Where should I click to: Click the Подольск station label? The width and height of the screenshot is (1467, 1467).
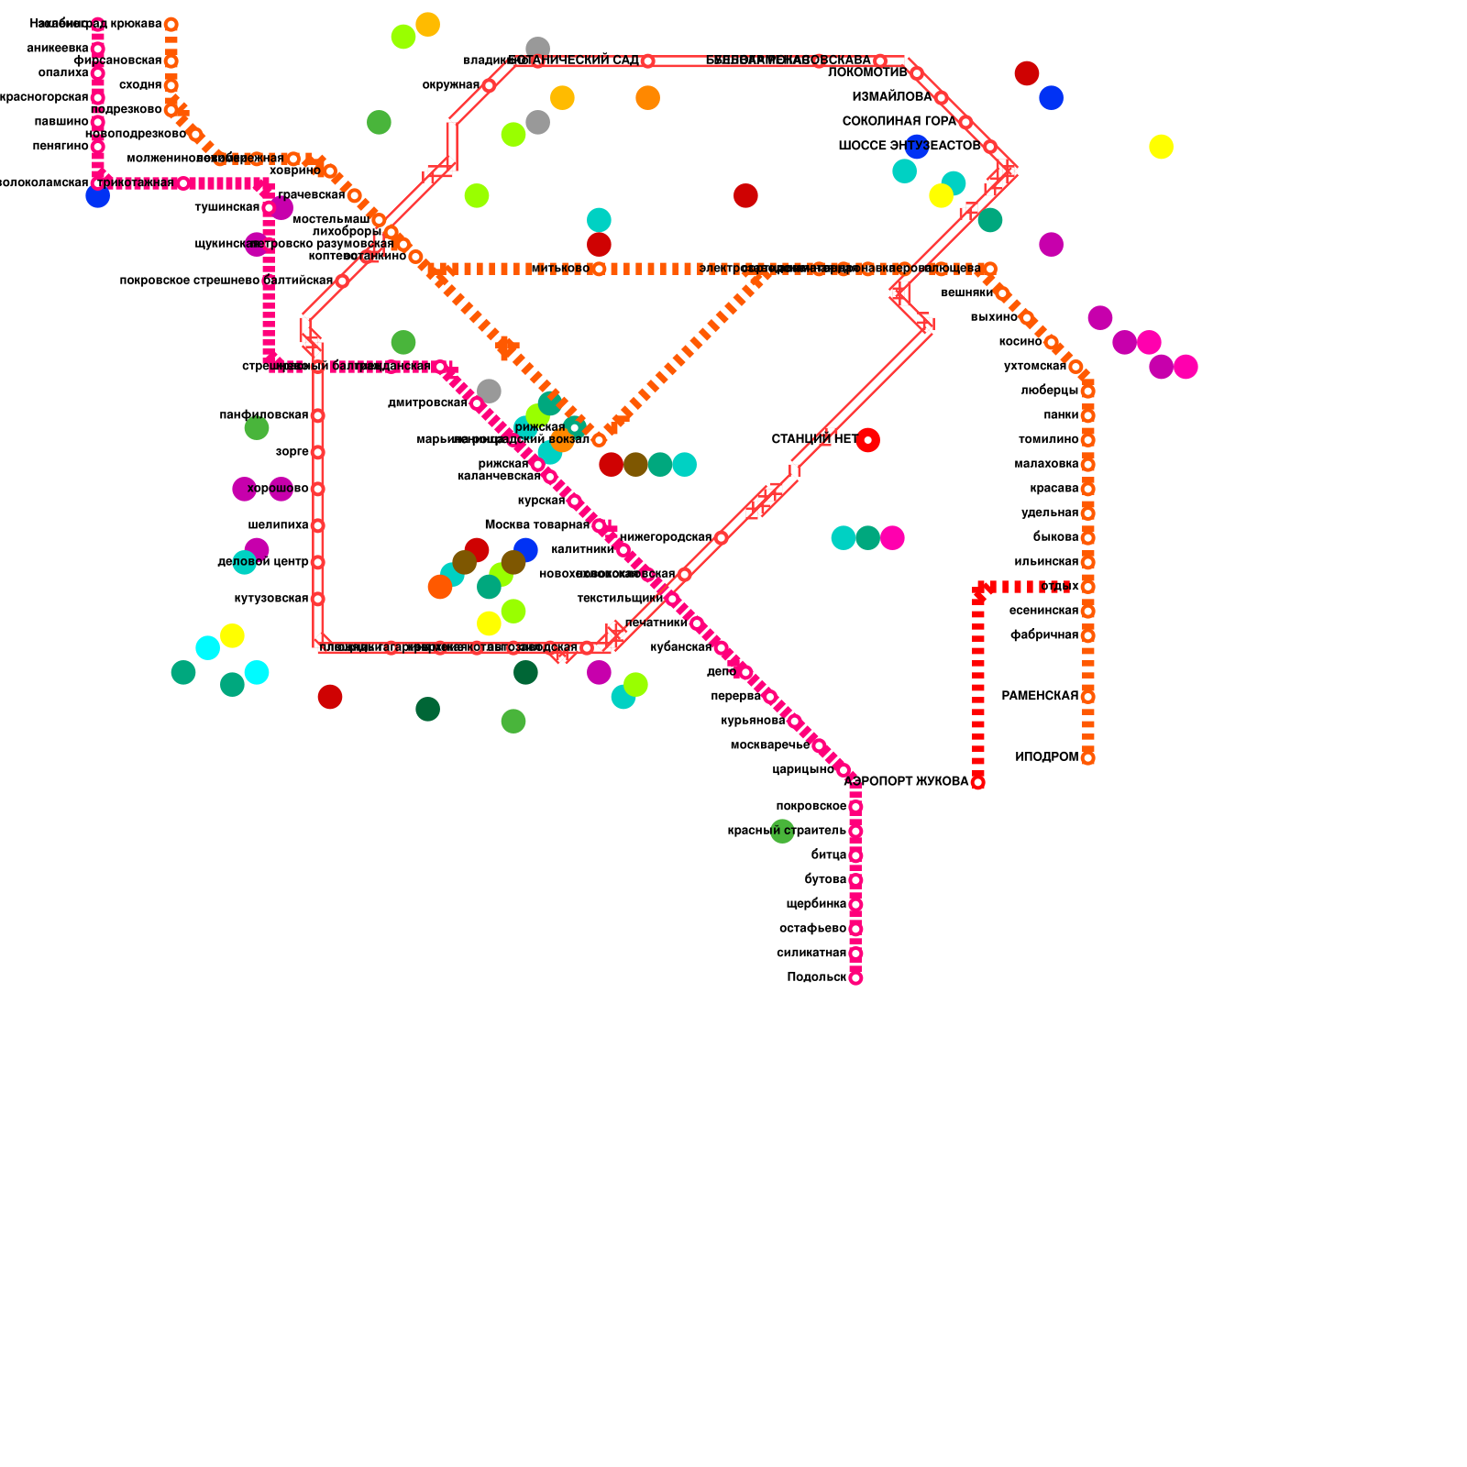[x=816, y=977]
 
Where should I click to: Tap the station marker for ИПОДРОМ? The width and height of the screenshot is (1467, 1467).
[x=1087, y=758]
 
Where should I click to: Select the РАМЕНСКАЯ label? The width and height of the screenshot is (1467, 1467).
[x=1040, y=697]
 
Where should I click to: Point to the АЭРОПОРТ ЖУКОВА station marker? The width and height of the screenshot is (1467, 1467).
[x=977, y=782]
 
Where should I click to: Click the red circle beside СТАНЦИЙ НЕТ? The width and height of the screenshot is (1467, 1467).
[x=867, y=440]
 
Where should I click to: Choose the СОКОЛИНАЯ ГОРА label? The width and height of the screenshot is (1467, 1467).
[x=899, y=122]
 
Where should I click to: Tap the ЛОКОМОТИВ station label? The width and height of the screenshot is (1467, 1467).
[x=866, y=73]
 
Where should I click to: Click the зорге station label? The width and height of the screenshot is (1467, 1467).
[x=292, y=452]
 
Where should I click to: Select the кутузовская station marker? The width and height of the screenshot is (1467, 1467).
[x=317, y=599]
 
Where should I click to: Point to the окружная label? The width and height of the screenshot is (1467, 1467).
[x=450, y=85]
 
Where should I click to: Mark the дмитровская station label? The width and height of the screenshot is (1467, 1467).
[x=427, y=403]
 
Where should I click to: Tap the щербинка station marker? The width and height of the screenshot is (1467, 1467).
[x=855, y=904]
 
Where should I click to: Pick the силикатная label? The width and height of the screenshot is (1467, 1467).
[x=811, y=954]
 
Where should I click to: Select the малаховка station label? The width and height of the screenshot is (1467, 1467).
[x=1046, y=464]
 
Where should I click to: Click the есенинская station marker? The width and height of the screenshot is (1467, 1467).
[x=1087, y=611]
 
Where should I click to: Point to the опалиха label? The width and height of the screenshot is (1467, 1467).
[x=63, y=73]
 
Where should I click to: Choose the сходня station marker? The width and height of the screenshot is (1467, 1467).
[x=171, y=85]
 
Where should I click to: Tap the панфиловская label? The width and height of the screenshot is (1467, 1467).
[x=263, y=415]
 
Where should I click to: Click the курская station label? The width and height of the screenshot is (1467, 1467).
[x=541, y=501]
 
